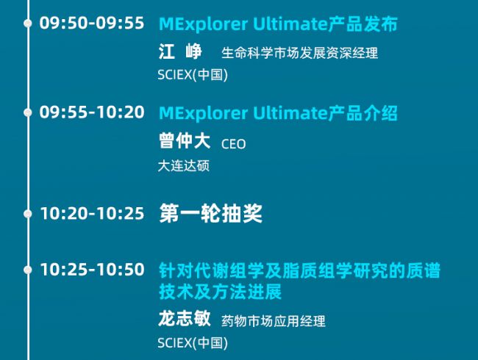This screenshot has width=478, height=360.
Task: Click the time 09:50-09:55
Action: [92, 24]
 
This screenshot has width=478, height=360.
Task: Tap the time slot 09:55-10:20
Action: [92, 112]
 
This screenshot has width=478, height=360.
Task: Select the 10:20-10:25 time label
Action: [92, 213]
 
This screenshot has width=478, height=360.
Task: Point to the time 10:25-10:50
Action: [92, 270]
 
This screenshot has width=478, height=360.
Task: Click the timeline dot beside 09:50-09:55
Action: [28, 24]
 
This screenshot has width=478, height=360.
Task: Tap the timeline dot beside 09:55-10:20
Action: [28, 112]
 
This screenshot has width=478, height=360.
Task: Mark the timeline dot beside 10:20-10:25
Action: [28, 214]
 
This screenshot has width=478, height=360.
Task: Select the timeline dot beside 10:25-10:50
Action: [28, 270]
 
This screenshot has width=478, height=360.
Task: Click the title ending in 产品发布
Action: [278, 24]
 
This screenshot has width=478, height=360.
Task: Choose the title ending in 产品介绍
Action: [278, 113]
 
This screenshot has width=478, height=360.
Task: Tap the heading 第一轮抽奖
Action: [210, 214]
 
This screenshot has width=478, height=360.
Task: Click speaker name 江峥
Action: [180, 51]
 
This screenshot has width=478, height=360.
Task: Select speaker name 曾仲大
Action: [185, 141]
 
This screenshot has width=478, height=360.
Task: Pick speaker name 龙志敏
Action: [185, 319]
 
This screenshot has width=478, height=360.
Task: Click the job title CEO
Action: [234, 144]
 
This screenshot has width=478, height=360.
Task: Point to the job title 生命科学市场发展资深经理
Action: [299, 53]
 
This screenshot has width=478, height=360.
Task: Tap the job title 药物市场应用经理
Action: [274, 321]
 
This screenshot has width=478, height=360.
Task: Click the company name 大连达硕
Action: [184, 166]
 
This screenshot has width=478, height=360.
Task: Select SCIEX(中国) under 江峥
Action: [193, 75]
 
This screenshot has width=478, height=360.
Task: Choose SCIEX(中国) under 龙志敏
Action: [193, 343]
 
